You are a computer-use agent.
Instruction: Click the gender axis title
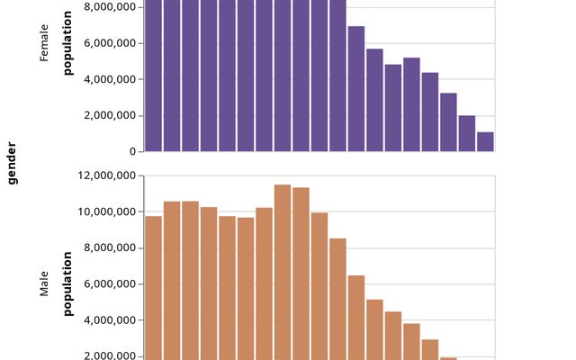13,162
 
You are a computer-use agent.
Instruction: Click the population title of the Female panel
67,43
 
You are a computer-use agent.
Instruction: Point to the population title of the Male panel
67,283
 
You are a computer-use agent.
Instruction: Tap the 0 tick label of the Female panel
131,151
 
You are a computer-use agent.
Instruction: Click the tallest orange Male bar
283,270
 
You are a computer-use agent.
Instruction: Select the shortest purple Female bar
485,141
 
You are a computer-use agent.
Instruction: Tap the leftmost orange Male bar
154,288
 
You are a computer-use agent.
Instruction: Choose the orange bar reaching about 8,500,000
337,297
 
